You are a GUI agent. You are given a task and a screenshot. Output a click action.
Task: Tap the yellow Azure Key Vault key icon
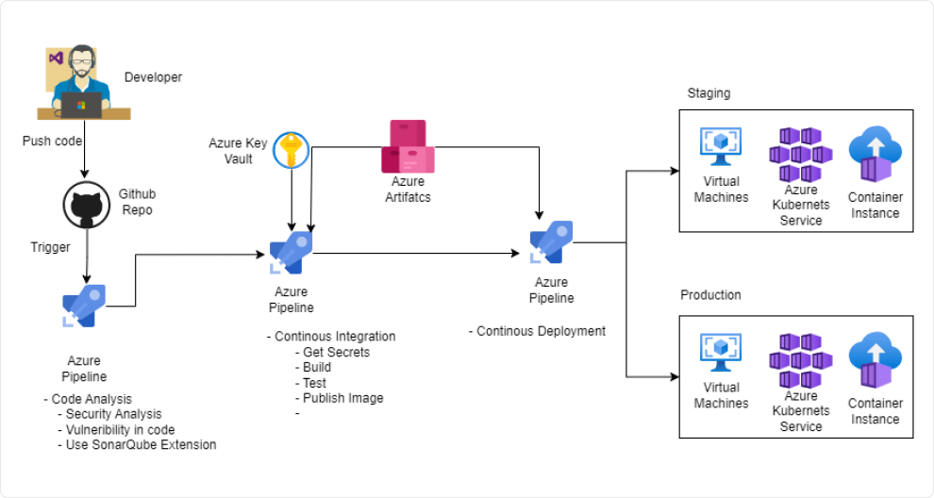coord(292,151)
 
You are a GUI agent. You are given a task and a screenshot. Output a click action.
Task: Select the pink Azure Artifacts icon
coord(408,146)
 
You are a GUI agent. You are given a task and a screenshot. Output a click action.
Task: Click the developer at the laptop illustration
coord(83,82)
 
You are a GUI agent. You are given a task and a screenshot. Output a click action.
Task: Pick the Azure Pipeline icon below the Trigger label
coord(84,306)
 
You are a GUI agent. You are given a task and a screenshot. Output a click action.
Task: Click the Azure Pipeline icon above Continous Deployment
coord(551,242)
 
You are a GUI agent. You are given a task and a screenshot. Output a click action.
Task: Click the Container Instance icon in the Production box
coord(875,360)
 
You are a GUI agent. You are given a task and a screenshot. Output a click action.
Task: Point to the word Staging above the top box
coord(709,93)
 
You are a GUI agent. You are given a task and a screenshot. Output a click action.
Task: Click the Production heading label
coord(710,295)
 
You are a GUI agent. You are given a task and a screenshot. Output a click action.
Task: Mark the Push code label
coord(52,141)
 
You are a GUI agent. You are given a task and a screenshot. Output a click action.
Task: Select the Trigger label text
coord(50,247)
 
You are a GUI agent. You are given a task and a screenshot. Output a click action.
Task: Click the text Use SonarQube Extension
coord(141,444)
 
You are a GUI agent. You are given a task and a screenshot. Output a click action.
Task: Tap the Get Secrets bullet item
coord(336,352)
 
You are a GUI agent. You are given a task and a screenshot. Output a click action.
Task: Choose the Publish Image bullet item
coord(342,398)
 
